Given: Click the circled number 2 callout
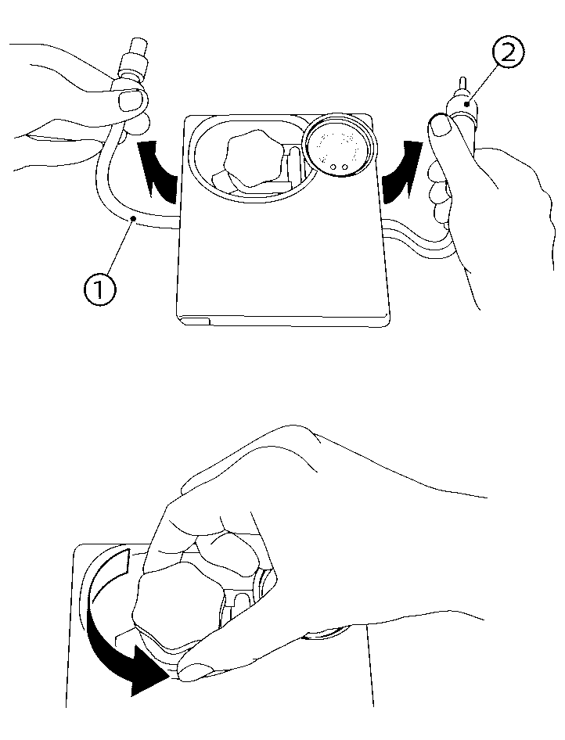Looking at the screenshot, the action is (x=506, y=54).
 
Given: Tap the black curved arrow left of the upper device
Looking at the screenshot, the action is (x=157, y=171).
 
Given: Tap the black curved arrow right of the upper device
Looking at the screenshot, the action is (x=402, y=171).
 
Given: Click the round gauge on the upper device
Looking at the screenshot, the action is (x=340, y=145).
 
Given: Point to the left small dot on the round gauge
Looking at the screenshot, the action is (x=333, y=167).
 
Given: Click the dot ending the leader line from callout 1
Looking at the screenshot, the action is (x=134, y=218).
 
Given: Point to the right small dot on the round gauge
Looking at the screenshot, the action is (x=345, y=167).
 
